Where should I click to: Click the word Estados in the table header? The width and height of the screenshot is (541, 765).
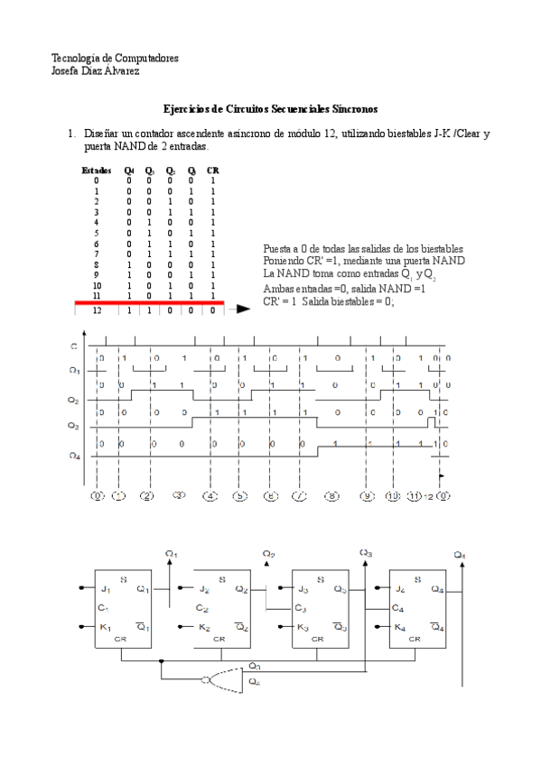97,170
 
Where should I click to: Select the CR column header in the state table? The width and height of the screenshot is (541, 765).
212,170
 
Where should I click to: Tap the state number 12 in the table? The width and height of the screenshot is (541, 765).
97,309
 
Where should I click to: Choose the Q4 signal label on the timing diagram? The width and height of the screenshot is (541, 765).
74,455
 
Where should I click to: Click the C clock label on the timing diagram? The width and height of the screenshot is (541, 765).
73,346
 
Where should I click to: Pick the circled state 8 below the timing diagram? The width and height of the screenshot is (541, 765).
332,495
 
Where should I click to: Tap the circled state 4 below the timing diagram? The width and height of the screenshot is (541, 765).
210,495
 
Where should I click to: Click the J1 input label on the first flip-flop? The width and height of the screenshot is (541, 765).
106,589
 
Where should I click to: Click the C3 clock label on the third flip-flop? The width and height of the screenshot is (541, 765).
301,608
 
